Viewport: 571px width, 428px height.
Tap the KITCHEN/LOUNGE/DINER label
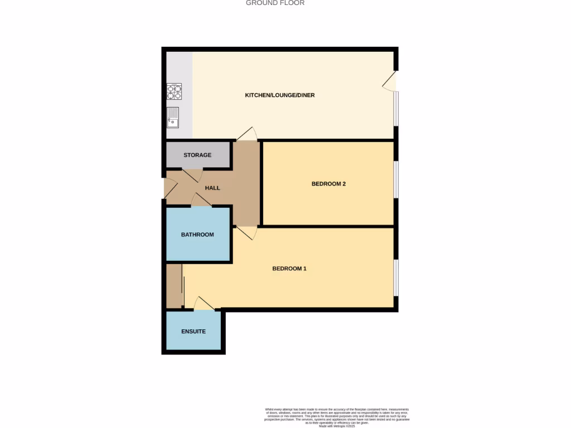(280, 95)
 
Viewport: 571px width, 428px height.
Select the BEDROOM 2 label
(328, 183)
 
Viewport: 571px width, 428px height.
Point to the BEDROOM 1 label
(289, 269)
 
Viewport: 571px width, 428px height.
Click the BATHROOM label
(197, 235)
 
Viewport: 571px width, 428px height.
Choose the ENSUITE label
(193, 331)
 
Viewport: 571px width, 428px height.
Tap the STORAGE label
(197, 155)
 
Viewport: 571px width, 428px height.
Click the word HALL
(212, 188)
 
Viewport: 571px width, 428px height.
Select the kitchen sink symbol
(173, 117)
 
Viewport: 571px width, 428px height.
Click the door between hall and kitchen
(246, 134)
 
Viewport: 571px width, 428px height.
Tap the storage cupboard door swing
(192, 174)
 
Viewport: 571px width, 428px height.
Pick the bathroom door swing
(201, 201)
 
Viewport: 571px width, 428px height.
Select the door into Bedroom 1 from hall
(246, 232)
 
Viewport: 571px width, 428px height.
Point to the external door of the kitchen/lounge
(390, 81)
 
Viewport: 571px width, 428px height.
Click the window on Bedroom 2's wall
(396, 179)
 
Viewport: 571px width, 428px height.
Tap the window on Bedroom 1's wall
(396, 278)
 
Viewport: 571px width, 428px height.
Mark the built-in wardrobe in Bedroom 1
(175, 285)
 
